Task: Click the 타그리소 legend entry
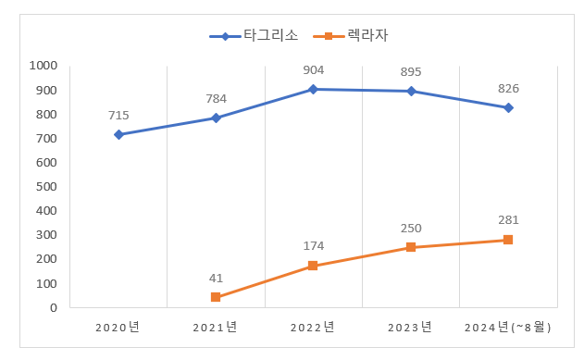point(254,37)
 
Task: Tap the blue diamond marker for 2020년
point(118,135)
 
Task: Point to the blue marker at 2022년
point(313,89)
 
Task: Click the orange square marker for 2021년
point(216,297)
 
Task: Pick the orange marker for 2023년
point(411,247)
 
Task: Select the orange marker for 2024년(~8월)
point(508,240)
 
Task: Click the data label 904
point(313,69)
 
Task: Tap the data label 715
point(118,116)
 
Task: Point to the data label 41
point(216,278)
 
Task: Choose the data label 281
point(508,220)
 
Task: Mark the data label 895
point(411,71)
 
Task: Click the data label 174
point(313,246)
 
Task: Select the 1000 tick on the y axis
point(43,66)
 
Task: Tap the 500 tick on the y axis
point(46,187)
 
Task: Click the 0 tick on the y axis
point(54,307)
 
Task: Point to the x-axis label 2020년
point(118,327)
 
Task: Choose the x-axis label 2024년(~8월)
point(508,327)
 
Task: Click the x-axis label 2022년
point(313,327)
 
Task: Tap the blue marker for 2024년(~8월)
point(508,107)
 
